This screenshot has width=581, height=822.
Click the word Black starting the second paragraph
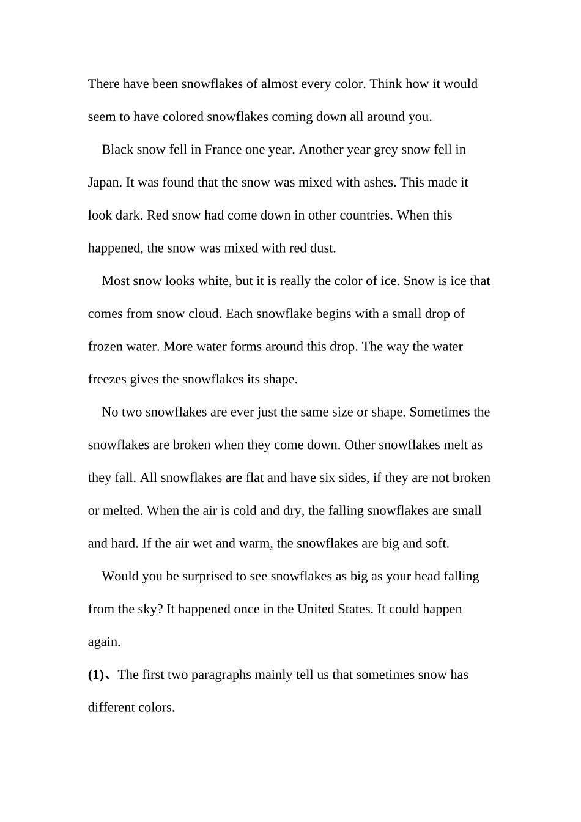click(117, 150)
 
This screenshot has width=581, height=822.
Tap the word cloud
click(205, 314)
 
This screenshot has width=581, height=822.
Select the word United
click(316, 609)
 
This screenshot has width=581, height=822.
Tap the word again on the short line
click(104, 642)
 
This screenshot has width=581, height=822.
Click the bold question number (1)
click(96, 675)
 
